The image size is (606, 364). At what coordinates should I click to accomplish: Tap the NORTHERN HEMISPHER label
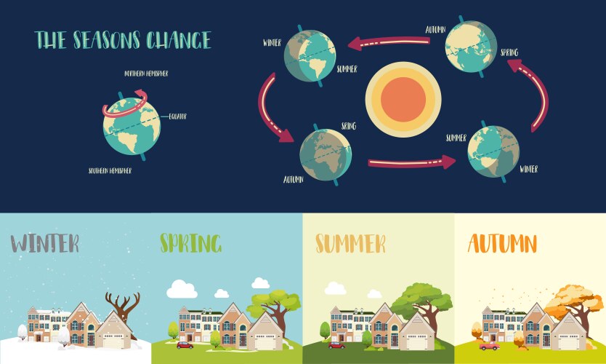(x=150, y=74)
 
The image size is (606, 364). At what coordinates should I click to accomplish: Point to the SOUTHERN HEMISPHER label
(x=110, y=171)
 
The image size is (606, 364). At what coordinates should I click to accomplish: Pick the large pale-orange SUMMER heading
(x=350, y=243)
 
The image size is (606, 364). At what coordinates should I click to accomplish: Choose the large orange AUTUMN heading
(x=503, y=242)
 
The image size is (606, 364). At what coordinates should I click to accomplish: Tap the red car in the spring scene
(x=184, y=344)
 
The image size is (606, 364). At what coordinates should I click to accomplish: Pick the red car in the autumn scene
(x=489, y=346)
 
